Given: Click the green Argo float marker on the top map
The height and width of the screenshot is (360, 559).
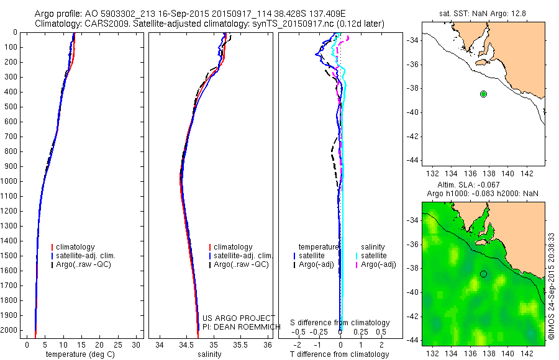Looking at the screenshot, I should (483, 94).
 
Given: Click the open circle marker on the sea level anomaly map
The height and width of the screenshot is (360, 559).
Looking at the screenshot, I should (483, 274).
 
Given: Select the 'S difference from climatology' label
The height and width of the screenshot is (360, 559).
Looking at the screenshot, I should (340, 323).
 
